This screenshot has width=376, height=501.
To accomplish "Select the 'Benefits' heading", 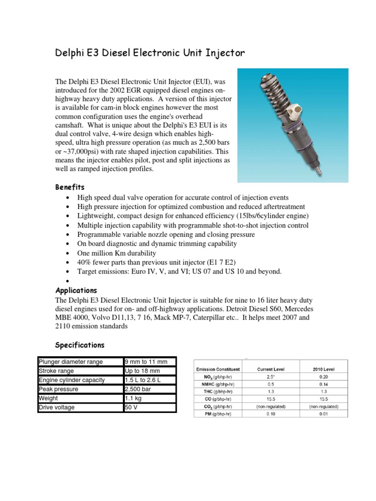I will tap(70, 187).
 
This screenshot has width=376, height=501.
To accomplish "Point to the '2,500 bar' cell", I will tap(141, 389).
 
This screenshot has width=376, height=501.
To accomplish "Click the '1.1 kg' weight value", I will tap(135, 398).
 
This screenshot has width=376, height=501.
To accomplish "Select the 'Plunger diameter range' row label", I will tap(70, 362).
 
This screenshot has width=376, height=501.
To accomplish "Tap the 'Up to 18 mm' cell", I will tap(143, 371).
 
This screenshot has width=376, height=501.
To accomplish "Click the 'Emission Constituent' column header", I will tap(218, 369).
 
